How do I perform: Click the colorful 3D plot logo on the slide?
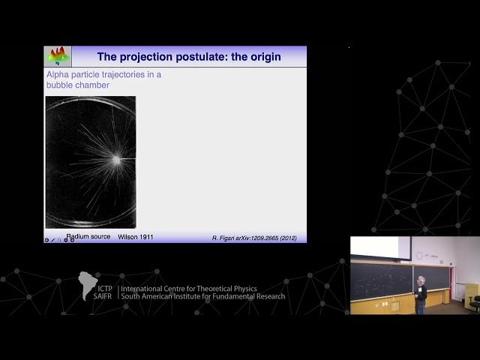point(58,56)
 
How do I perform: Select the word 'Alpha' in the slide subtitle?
point(60,75)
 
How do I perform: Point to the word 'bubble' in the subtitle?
point(61,85)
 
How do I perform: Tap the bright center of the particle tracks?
point(116,158)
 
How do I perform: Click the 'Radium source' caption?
point(88,237)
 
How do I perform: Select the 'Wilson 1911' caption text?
point(136,237)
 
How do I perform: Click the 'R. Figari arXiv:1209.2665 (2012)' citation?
point(254,238)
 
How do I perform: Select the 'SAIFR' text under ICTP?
point(105,295)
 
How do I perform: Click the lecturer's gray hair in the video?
point(421,280)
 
